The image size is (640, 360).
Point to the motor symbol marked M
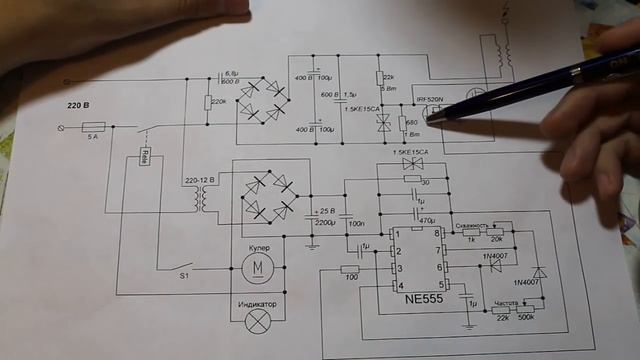tap(259, 267)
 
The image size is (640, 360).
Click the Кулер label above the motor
tap(259, 246)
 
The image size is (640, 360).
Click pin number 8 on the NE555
tap(438, 233)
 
